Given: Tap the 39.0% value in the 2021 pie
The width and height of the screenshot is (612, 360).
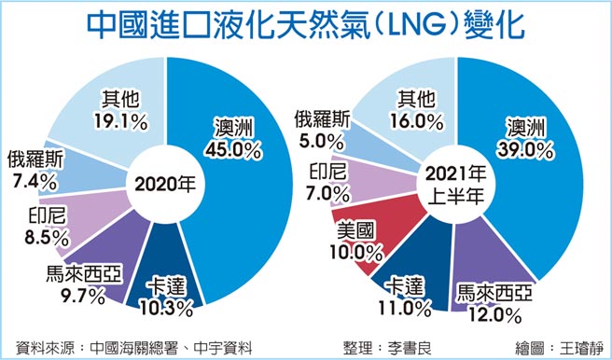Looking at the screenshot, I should point(529,149).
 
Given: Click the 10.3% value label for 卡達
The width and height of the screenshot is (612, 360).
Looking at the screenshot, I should point(170,305).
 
